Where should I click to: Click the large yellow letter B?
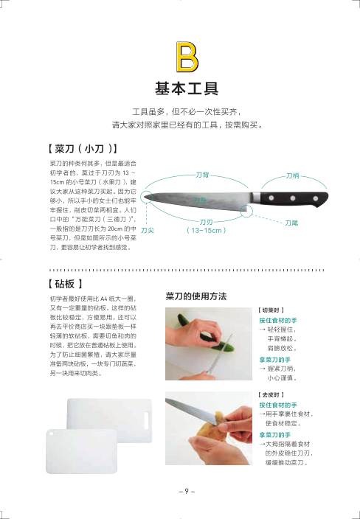coord(187,57)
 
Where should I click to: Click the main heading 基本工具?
coord(187,88)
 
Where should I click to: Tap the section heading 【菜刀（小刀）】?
coord(82,149)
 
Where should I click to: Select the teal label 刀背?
coord(202,175)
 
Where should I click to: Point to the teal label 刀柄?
coord(292,175)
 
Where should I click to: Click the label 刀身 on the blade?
coord(200,200)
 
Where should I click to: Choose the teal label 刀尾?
coord(291,223)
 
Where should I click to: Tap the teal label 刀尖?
coord(148,230)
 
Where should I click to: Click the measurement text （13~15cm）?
coord(206,230)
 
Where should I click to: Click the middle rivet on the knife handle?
coord(293,198)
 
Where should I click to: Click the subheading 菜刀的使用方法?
coord(196,296)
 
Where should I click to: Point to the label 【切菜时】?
coord(271,310)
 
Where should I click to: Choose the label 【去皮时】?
coord(271,395)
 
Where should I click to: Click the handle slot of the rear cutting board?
coord(146,419)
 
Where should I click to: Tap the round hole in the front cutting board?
coord(51,433)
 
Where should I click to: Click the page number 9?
coord(187,491)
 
